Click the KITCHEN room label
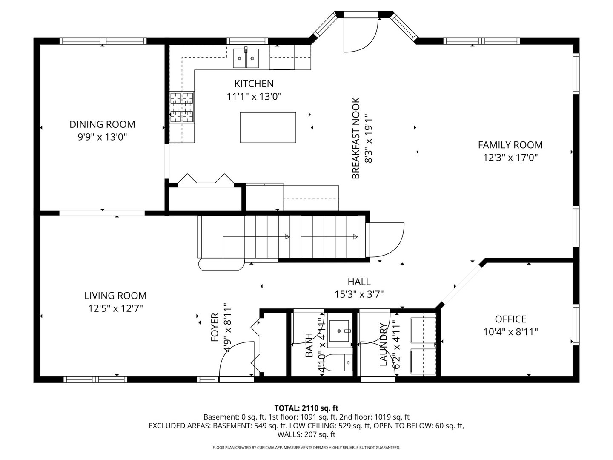click(x=254, y=84)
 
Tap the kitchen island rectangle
click(x=268, y=127)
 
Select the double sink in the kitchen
click(x=246, y=58)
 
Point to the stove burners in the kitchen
click(x=182, y=107)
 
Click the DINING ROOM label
click(x=102, y=124)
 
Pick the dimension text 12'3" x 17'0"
click(x=510, y=158)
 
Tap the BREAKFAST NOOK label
click(x=356, y=138)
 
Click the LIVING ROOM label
click(x=115, y=296)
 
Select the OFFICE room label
click(x=510, y=319)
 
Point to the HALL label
click(x=359, y=282)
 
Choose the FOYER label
click(x=215, y=328)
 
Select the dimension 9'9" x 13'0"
click(x=102, y=137)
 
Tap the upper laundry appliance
click(x=423, y=329)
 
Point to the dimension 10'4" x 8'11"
click(x=510, y=332)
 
